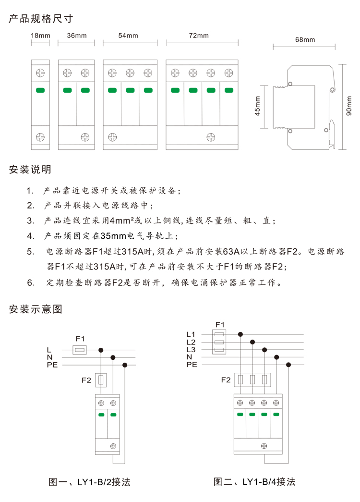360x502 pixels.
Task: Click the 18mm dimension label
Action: [40, 36]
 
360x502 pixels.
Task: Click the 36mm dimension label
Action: [77, 36]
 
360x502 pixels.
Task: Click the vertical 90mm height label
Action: [349, 108]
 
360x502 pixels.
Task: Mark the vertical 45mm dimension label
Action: [257, 108]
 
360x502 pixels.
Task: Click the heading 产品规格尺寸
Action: [41, 19]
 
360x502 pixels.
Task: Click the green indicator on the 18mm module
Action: [40, 90]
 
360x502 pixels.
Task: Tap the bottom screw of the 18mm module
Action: [40, 136]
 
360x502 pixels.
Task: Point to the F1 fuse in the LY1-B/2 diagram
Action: [80, 350]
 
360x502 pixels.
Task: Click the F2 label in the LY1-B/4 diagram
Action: [226, 380]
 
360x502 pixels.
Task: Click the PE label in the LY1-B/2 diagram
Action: [52, 366]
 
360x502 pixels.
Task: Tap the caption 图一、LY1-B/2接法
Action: [90, 481]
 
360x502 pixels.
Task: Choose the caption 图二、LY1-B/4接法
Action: [254, 481]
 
